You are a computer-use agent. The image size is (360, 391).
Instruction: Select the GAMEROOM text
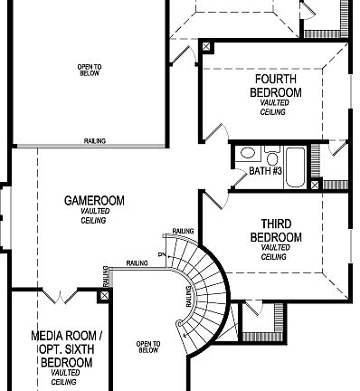coord(94,200)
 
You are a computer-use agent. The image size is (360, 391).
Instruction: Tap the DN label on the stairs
coord(159,255)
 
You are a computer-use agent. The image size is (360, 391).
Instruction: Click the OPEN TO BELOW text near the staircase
coord(147,347)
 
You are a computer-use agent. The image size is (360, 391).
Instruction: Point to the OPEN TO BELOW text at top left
coord(90,71)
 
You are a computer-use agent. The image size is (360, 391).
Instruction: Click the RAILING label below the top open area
coord(95,141)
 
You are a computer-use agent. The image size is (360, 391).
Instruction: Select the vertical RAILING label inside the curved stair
coord(188,294)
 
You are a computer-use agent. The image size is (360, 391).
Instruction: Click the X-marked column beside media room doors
coord(106,294)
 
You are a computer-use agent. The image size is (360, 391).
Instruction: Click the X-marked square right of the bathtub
coord(314,186)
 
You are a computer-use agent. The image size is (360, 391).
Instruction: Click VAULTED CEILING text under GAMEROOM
coord(94,216)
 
